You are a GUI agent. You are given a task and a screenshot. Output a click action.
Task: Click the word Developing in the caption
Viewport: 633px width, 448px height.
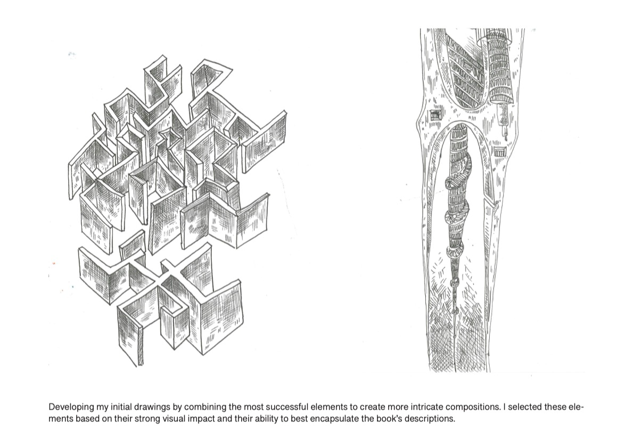tap(71, 407)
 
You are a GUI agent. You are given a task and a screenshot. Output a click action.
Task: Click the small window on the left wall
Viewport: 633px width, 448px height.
tap(434, 116)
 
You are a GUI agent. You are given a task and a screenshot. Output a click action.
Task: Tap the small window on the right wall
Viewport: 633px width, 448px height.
tap(500, 152)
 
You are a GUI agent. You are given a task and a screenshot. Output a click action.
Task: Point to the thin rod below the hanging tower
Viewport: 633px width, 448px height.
tap(504, 121)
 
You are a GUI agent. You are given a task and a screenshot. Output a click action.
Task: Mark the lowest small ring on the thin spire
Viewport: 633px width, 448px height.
tap(456, 311)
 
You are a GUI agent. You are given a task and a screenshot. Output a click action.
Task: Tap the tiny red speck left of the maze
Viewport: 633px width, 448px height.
tap(54, 264)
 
